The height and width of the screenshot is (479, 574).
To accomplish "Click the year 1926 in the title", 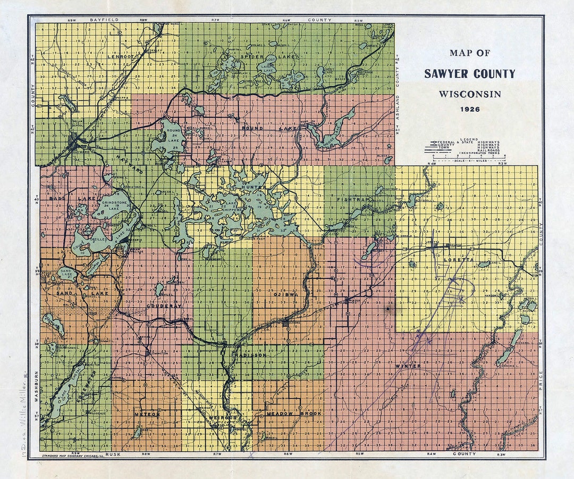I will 470,109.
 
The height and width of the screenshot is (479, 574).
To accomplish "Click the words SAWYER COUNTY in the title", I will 470,74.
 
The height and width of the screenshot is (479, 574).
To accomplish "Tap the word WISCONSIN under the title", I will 470,94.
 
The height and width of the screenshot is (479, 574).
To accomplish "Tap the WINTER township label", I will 408,366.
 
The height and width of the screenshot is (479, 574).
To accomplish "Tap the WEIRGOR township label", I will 222,418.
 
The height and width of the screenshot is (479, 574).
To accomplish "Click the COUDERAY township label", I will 159,307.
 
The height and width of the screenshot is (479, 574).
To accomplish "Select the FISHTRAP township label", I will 352,199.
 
